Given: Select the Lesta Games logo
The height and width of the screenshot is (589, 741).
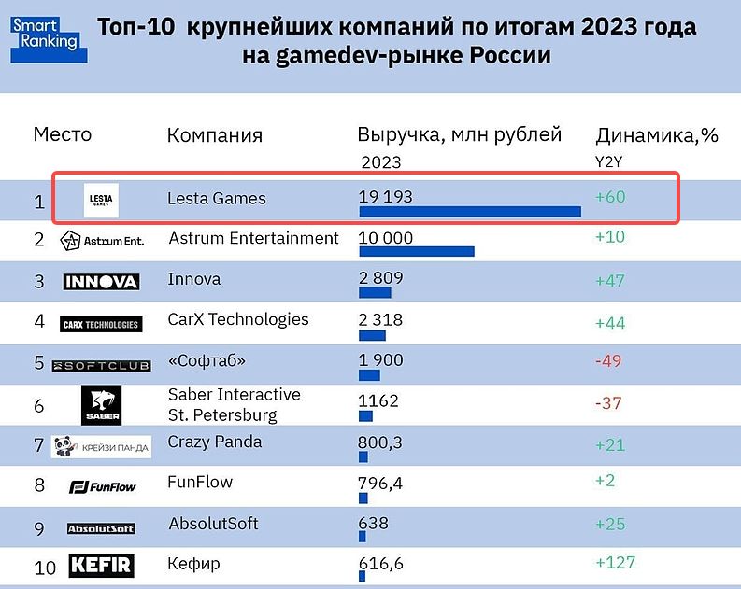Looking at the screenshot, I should (x=101, y=199).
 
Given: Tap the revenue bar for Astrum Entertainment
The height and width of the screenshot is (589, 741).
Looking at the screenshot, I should (x=416, y=251).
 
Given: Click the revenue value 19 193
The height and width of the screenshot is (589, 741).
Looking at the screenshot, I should (x=386, y=197).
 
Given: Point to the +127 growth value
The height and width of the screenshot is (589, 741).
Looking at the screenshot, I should (x=615, y=562).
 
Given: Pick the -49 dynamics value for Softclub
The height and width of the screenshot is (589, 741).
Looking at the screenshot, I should (x=608, y=361).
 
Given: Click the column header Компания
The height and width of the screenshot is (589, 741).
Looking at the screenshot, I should (x=215, y=135).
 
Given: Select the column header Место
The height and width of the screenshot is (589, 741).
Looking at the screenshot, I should (x=63, y=134).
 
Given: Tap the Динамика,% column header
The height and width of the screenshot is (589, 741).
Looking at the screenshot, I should (x=656, y=135).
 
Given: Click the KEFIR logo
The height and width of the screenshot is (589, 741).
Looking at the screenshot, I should (x=101, y=566).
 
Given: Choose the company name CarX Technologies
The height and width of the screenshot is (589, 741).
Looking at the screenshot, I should (x=238, y=319).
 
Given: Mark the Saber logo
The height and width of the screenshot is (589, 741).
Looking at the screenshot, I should (x=101, y=403).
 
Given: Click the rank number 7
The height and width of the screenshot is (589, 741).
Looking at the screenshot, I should (x=39, y=445).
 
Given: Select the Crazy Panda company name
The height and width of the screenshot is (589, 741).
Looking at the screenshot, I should (x=214, y=442).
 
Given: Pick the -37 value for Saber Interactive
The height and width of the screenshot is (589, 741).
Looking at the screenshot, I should (x=608, y=402).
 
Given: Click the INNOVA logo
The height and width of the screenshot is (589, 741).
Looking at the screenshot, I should (x=101, y=281).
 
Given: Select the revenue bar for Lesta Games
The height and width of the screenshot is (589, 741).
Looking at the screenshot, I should (x=469, y=211).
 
